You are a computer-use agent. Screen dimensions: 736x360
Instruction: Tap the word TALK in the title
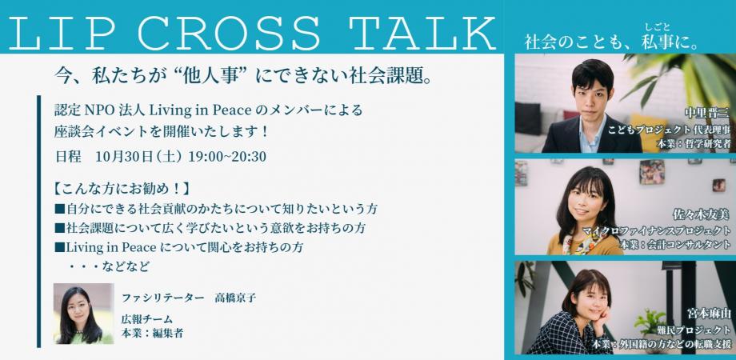coord(425,34)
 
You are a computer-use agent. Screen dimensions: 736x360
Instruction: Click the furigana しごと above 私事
coord(657,26)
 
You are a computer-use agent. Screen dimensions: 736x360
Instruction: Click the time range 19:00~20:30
coord(227,156)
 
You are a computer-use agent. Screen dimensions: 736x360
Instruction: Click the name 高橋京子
coord(235,298)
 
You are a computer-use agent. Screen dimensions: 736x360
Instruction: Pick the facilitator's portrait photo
coord(83,314)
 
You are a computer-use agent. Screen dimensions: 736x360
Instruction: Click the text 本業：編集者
coord(152,334)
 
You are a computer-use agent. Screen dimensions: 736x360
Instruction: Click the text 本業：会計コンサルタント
coord(675,245)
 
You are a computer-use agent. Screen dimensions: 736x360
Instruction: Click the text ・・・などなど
coord(109,266)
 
